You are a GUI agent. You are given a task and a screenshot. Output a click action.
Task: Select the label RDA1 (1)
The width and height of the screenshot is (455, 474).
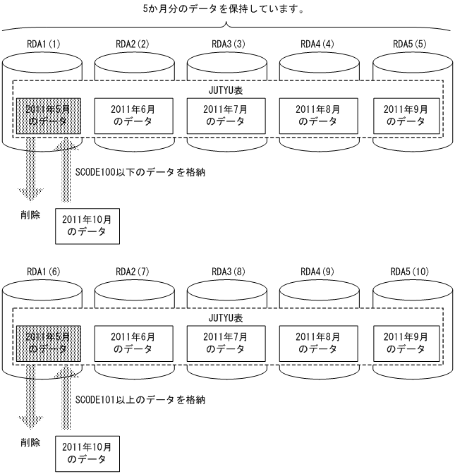(42, 44)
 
